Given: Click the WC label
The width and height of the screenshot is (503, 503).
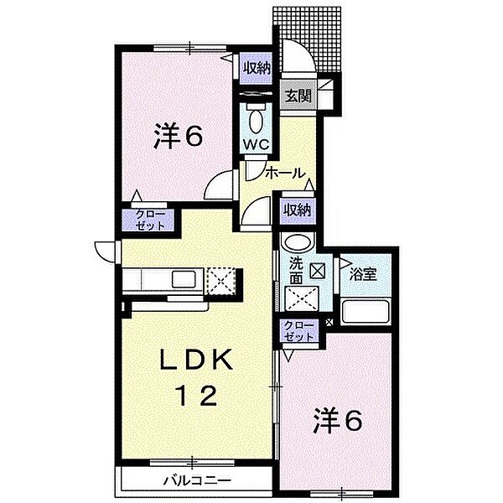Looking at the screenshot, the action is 256,145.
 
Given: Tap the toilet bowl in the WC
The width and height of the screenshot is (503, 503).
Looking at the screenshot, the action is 256,122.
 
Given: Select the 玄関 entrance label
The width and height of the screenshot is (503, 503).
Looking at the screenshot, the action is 298,96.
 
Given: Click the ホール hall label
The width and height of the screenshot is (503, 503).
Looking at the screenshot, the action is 284,174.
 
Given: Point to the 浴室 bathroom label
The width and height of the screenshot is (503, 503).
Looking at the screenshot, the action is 363,275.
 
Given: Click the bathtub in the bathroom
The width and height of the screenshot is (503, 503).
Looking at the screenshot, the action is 366,312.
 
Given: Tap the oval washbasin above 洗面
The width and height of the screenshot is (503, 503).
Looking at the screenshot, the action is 298,243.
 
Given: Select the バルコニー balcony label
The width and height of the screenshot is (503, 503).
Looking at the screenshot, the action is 197,480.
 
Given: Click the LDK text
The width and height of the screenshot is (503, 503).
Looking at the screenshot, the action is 196,360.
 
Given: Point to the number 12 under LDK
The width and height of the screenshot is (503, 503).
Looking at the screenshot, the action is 196,396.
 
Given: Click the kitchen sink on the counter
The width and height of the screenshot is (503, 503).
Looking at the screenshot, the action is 184,279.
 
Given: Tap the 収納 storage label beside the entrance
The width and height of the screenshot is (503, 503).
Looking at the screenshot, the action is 257,69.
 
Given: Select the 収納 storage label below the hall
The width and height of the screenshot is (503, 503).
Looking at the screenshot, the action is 297,210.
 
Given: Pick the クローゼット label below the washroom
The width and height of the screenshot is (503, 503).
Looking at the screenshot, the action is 298,331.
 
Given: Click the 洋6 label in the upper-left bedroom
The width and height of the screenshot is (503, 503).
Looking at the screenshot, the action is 179,136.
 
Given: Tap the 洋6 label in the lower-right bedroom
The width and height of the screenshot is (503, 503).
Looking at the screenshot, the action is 338,421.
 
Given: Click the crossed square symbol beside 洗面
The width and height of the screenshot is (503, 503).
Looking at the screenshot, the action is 318,271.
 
